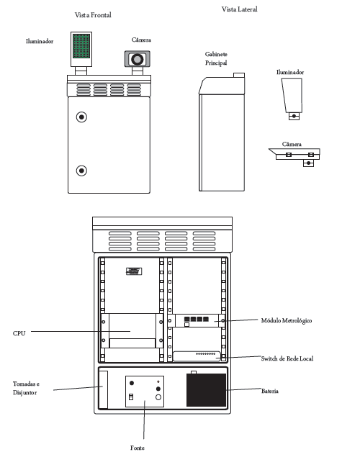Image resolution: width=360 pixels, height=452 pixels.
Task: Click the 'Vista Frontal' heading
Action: click(x=93, y=15)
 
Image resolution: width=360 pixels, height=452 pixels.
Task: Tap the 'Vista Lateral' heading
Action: click(x=240, y=9)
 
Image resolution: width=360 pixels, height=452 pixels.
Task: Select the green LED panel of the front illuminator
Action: click(x=81, y=46)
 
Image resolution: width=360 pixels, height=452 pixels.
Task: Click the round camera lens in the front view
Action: click(x=138, y=60)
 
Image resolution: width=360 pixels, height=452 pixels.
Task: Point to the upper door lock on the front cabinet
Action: click(x=81, y=117)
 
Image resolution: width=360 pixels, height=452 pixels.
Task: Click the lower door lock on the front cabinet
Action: click(x=81, y=171)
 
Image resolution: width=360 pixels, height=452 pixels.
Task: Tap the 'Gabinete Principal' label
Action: click(x=216, y=58)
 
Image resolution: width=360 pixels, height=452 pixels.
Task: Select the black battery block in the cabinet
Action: click(x=206, y=390)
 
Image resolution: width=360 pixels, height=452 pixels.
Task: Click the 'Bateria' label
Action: click(x=270, y=391)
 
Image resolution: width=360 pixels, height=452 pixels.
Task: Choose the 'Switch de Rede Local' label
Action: click(x=287, y=358)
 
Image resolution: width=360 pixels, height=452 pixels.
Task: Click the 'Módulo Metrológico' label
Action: click(x=287, y=320)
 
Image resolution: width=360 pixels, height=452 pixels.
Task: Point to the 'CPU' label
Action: click(x=19, y=333)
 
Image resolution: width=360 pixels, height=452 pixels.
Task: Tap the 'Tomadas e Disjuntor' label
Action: click(x=26, y=388)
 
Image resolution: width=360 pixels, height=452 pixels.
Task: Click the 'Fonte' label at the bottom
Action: click(x=138, y=448)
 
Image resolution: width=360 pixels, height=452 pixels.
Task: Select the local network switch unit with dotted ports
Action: click(x=197, y=356)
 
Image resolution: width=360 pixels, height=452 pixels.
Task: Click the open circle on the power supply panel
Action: click(x=158, y=397)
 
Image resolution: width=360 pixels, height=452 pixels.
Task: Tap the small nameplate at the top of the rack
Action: click(x=134, y=271)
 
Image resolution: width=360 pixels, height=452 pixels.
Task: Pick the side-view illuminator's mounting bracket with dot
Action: click(x=294, y=116)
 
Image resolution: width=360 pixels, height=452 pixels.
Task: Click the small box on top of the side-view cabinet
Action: click(x=239, y=76)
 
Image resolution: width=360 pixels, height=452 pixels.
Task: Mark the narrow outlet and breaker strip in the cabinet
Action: click(x=103, y=389)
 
